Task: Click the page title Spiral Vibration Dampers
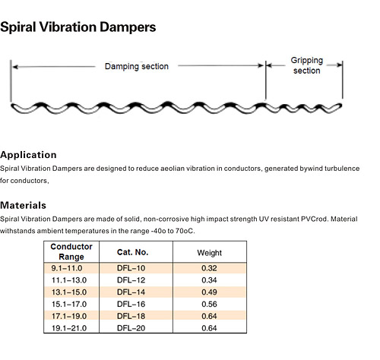(78, 27)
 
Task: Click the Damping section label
(137, 66)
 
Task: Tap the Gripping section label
(307, 65)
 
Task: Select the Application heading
(28, 155)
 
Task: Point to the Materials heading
(23, 205)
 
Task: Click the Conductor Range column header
(71, 251)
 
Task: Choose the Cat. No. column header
(132, 252)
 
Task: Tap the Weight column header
(210, 253)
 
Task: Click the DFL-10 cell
(131, 268)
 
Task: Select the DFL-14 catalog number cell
(131, 292)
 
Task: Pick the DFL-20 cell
(131, 328)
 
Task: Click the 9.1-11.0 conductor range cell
(67, 268)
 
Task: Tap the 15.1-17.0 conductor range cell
(69, 304)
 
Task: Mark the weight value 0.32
(209, 268)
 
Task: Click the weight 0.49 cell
(209, 292)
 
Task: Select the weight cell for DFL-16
(209, 304)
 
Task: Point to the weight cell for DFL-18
(209, 316)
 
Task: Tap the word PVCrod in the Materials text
(314, 219)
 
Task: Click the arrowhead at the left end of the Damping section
(15, 67)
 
